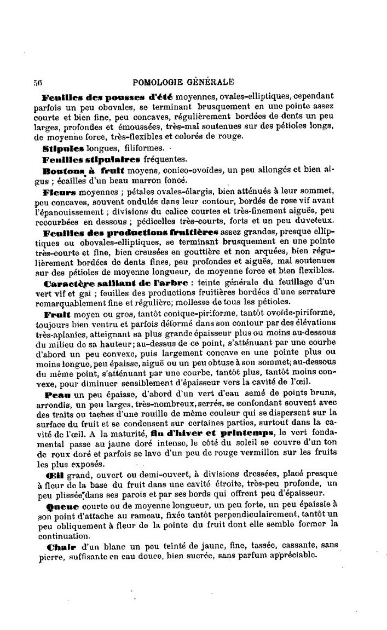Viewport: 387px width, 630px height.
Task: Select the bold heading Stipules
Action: pyautogui.click(x=63, y=148)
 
